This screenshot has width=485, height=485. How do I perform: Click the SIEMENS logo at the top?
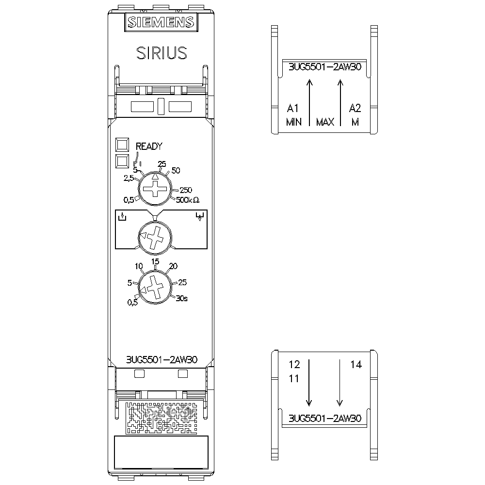point(161,22)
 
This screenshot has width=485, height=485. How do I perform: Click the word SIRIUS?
point(161,53)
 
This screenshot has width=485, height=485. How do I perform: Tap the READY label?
point(148,146)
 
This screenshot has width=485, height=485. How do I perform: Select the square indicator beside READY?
point(122,145)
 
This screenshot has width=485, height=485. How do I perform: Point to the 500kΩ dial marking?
point(188,199)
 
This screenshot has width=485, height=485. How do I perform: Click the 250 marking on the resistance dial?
point(186,190)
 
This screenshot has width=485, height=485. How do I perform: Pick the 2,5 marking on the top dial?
point(129,178)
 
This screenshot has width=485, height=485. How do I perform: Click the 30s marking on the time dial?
point(182,298)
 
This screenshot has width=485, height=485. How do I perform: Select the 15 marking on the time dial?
point(155,261)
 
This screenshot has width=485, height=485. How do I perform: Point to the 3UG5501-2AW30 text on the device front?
point(161,360)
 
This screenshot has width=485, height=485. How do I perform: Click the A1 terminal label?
point(293,107)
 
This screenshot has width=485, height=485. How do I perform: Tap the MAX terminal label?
point(325,122)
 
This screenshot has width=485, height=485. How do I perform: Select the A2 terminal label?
point(355,107)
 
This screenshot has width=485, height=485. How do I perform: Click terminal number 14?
point(356,365)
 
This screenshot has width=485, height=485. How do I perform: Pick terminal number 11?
point(294,379)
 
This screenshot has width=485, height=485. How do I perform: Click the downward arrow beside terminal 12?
point(309,383)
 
